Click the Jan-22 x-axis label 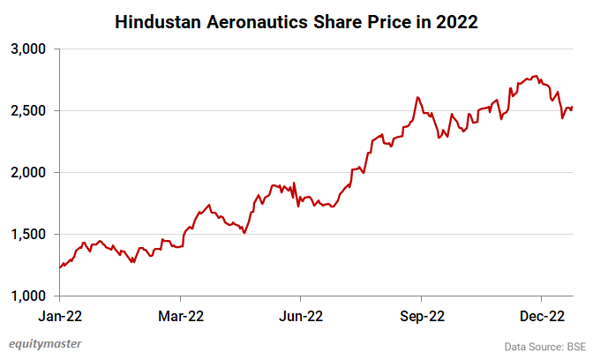60,315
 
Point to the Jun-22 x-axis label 300,315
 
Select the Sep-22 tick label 421,315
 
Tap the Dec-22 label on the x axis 541,315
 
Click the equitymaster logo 48,343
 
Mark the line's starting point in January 60,267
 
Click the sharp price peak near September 417,97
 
